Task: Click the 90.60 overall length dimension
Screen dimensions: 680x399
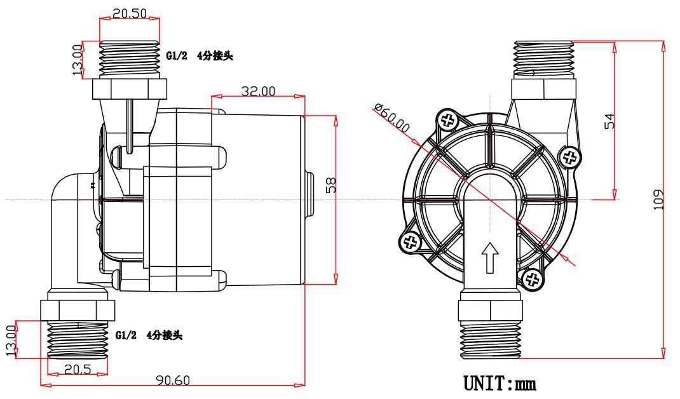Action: pyautogui.click(x=173, y=380)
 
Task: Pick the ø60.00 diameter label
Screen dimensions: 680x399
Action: pyautogui.click(x=392, y=118)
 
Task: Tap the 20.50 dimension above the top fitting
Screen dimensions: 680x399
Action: pyautogui.click(x=130, y=13)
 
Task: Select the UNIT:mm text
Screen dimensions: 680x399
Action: pyautogui.click(x=500, y=384)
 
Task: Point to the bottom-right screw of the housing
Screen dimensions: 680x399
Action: pyautogui.click(x=531, y=280)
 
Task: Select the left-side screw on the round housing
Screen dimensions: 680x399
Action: pyautogui.click(x=410, y=241)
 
